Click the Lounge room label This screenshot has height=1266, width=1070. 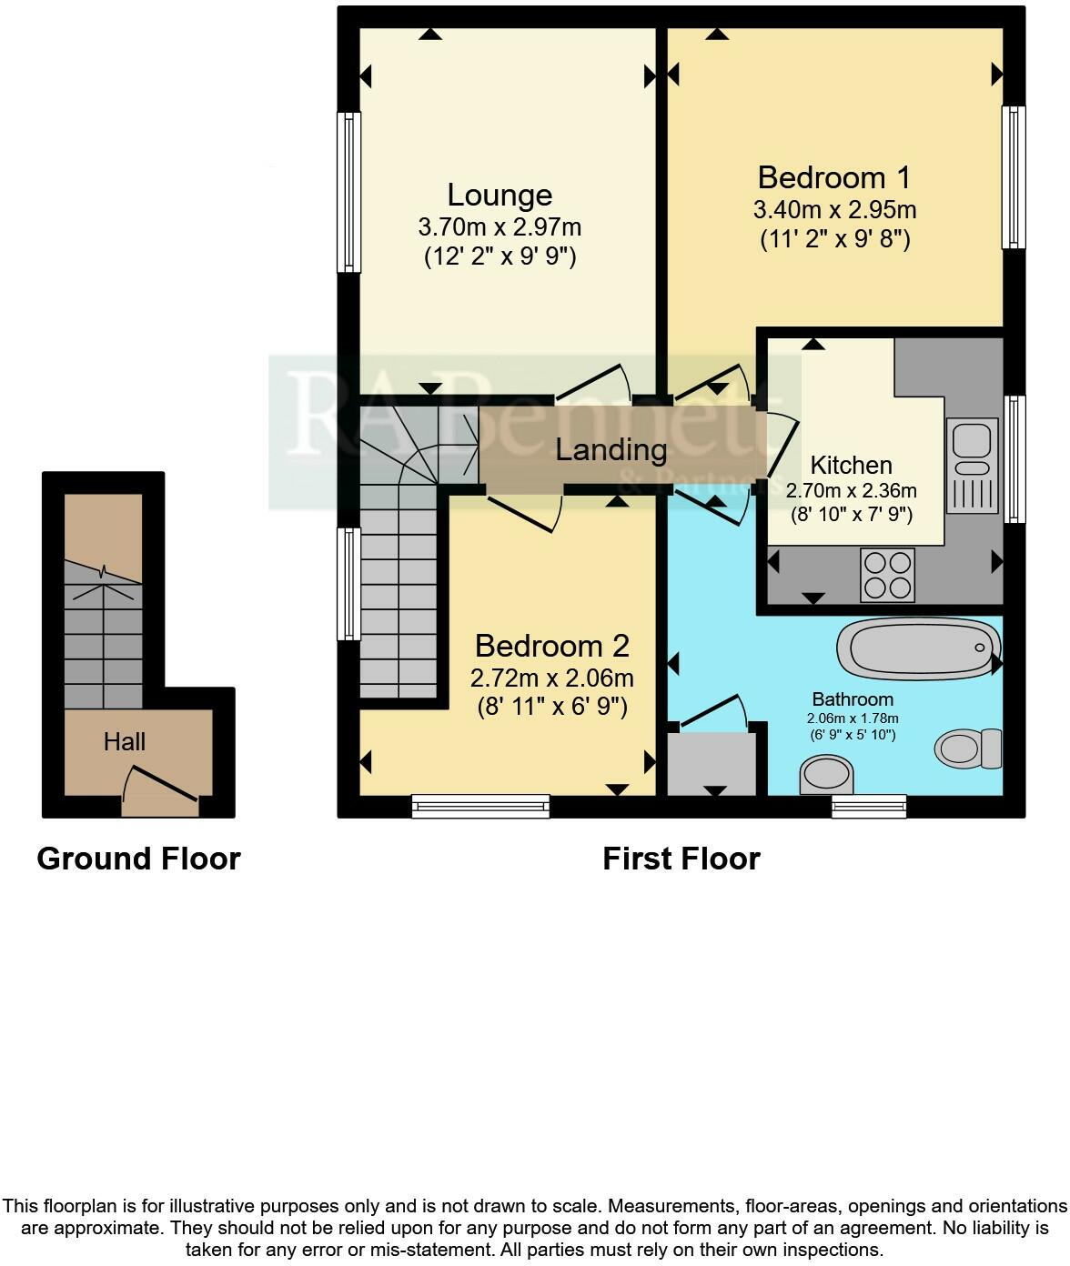tap(500, 196)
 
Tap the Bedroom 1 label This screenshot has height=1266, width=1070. tap(833, 177)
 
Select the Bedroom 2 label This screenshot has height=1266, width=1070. tap(551, 647)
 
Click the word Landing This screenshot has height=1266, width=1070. tap(611, 449)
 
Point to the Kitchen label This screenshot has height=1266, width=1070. tap(851, 466)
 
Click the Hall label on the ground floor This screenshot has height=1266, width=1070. tap(125, 742)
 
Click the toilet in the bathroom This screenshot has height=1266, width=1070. tap(968, 748)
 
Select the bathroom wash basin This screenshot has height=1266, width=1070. tap(827, 777)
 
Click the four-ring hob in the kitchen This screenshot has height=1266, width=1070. tap(888, 576)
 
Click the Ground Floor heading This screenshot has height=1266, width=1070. tap(138, 859)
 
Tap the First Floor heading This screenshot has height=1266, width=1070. tap(681, 859)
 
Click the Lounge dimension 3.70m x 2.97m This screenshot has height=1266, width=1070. tap(500, 226)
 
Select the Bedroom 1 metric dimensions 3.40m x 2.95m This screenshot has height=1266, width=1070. tap(834, 210)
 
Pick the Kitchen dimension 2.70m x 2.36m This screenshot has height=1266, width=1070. tap(851, 491)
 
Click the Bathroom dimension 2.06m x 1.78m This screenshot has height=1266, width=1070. tap(853, 718)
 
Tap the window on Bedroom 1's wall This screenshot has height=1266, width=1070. tap(1014, 177)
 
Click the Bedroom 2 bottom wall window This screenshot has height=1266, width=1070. tap(480, 805)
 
